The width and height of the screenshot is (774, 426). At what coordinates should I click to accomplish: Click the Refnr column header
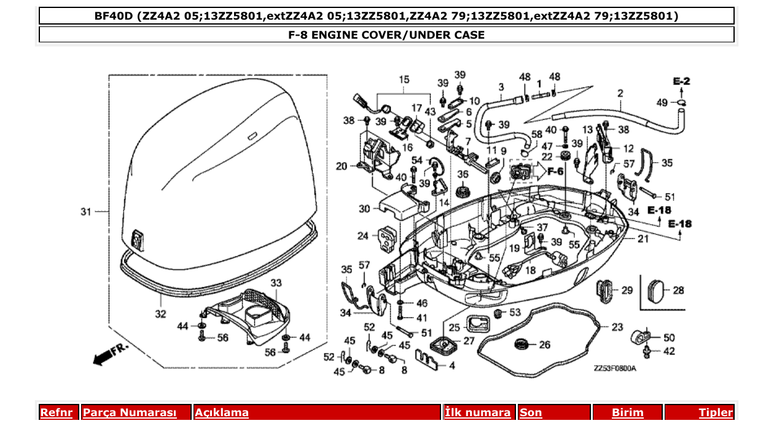56,412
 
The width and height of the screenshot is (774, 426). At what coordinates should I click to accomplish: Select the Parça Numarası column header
130,412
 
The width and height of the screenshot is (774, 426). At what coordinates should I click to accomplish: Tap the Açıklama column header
222,412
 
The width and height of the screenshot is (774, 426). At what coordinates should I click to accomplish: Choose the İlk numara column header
477,412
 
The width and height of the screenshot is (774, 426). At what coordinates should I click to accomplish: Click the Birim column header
627,412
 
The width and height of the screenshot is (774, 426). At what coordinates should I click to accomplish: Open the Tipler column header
716,412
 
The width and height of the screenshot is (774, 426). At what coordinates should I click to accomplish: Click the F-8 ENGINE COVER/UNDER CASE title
386,35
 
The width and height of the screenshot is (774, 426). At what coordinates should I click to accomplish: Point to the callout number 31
86,212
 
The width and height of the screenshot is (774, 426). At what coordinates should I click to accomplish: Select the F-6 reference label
555,171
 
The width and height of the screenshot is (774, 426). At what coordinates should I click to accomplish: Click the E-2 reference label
681,81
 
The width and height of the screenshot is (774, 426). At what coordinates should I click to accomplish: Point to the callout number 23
617,327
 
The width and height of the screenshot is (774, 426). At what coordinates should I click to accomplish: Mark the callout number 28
678,290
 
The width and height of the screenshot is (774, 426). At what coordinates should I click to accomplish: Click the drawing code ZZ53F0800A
614,369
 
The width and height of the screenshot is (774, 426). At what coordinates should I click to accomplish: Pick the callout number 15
404,80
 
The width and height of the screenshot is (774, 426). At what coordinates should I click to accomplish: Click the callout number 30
364,209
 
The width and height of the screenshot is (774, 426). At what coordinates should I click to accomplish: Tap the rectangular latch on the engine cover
139,238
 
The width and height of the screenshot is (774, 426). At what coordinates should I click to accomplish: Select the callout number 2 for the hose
620,93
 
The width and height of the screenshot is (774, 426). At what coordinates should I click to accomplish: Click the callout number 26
544,345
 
